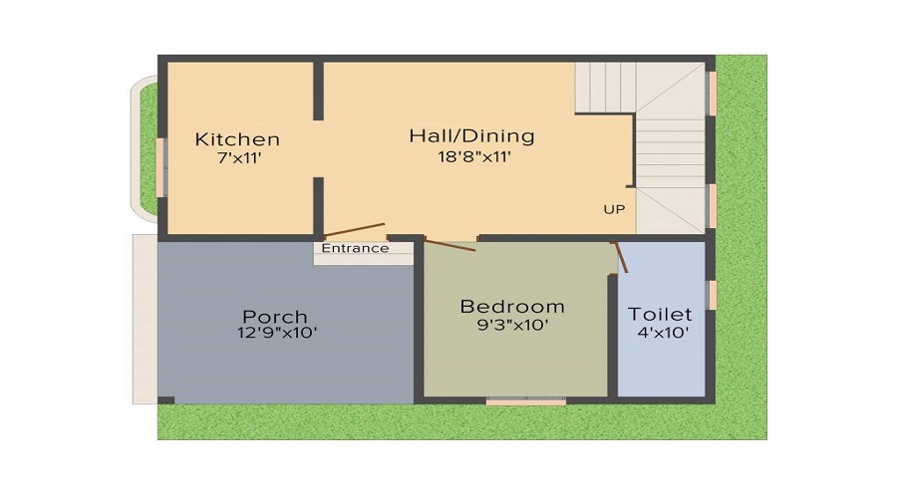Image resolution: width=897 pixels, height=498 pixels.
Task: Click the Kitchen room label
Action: [237, 139]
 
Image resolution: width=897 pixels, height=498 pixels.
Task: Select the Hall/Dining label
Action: [471, 136]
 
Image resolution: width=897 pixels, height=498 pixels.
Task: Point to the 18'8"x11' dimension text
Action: [471, 155]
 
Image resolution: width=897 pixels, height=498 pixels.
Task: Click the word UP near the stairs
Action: [613, 209]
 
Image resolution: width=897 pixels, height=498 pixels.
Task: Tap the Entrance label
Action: [355, 248]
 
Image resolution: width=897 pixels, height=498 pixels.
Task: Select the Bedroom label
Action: [512, 306]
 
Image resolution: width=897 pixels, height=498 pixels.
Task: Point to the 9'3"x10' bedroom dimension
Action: [512, 324]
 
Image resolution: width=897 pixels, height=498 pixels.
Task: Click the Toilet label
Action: [660, 315]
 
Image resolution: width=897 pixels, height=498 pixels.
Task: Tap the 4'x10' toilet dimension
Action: [660, 333]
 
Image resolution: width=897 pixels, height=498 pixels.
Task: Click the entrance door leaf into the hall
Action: [355, 230]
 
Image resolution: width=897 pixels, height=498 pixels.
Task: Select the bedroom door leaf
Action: [450, 245]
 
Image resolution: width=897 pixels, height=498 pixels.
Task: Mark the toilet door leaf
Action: [620, 256]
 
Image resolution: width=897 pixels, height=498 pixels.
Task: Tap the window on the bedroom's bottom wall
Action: [525, 401]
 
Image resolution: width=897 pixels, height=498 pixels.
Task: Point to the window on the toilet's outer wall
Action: [712, 294]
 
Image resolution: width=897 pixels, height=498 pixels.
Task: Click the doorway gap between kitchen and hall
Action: [319, 149]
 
